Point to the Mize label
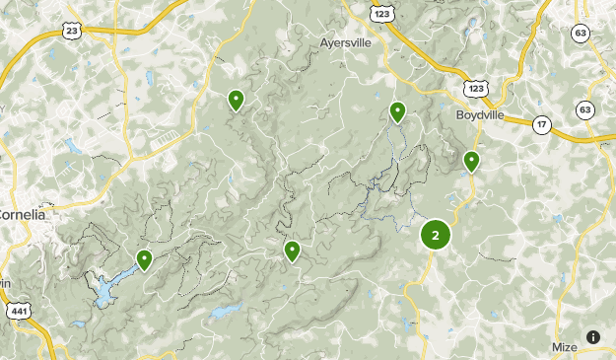point(565,347)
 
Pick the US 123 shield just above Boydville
point(477,89)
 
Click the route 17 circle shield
point(541,124)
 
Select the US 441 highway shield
point(20,313)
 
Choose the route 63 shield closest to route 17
point(585,108)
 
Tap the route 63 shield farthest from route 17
point(581,33)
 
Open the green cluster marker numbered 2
point(435,235)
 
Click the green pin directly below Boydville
point(472,161)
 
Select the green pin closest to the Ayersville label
point(397,111)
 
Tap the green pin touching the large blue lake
point(145,259)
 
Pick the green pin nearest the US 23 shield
point(237,99)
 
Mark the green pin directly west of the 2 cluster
point(293,251)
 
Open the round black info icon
point(593,336)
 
